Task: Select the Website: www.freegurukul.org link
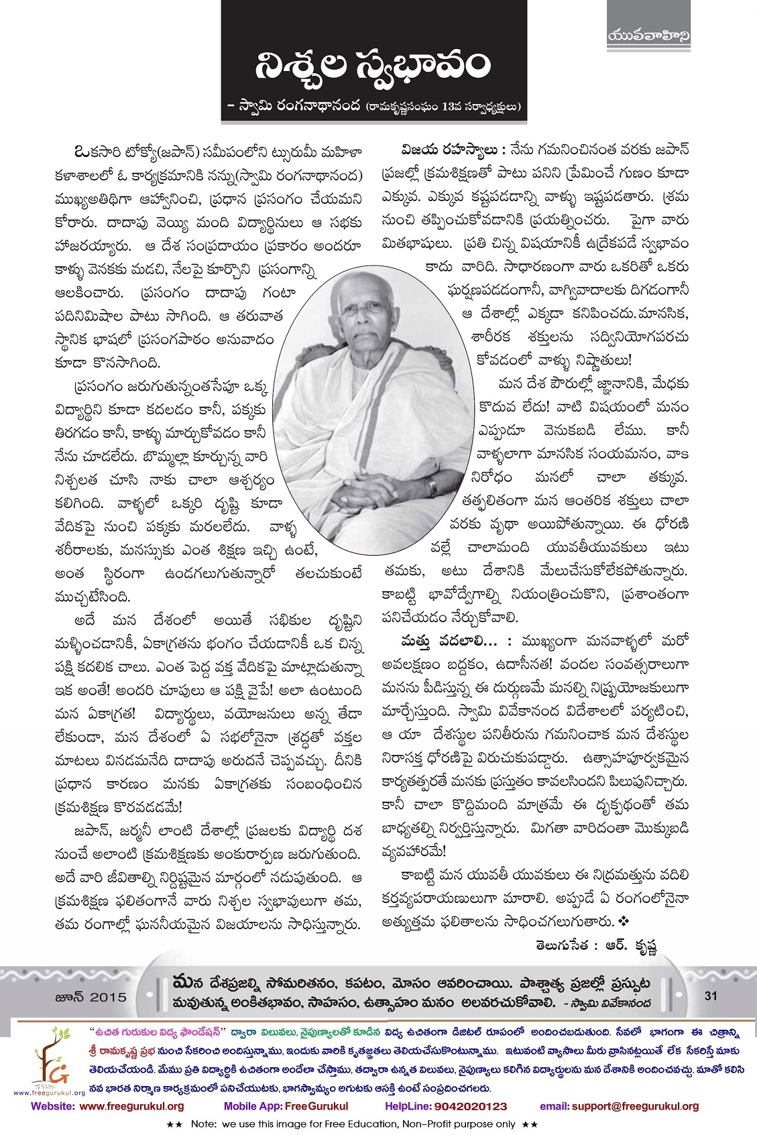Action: [x=108, y=1106]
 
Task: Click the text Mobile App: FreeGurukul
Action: [x=286, y=1106]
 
